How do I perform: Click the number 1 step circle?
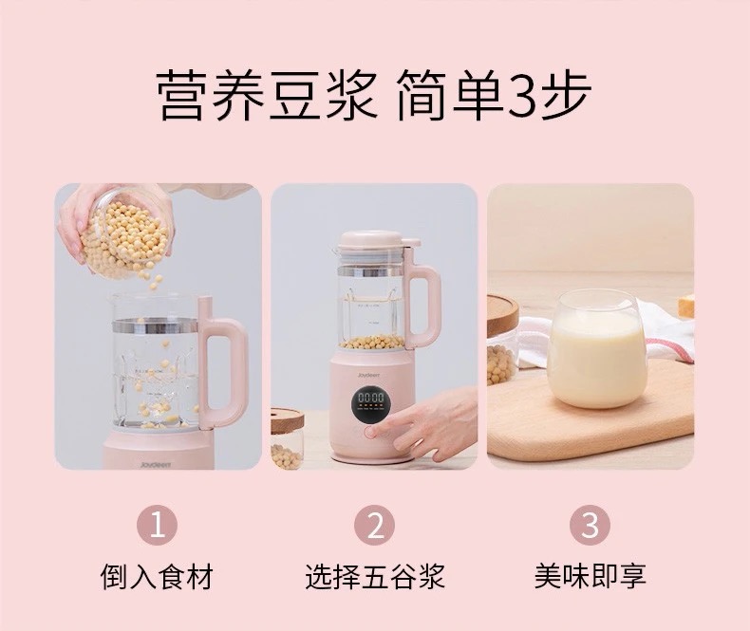click(157, 525)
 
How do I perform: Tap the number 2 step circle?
click(374, 525)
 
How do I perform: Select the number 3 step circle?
click(590, 525)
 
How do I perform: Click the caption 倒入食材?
click(157, 577)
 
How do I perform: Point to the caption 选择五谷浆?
click(375, 577)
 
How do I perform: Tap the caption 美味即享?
click(591, 577)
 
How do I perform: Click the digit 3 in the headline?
click(522, 95)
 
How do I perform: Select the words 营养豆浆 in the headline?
click(267, 95)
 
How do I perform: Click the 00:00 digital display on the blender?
click(371, 398)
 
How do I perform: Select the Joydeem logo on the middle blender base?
click(368, 375)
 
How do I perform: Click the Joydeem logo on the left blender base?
click(156, 464)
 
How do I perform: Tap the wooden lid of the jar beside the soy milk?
click(502, 315)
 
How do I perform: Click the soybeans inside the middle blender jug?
click(371, 342)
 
